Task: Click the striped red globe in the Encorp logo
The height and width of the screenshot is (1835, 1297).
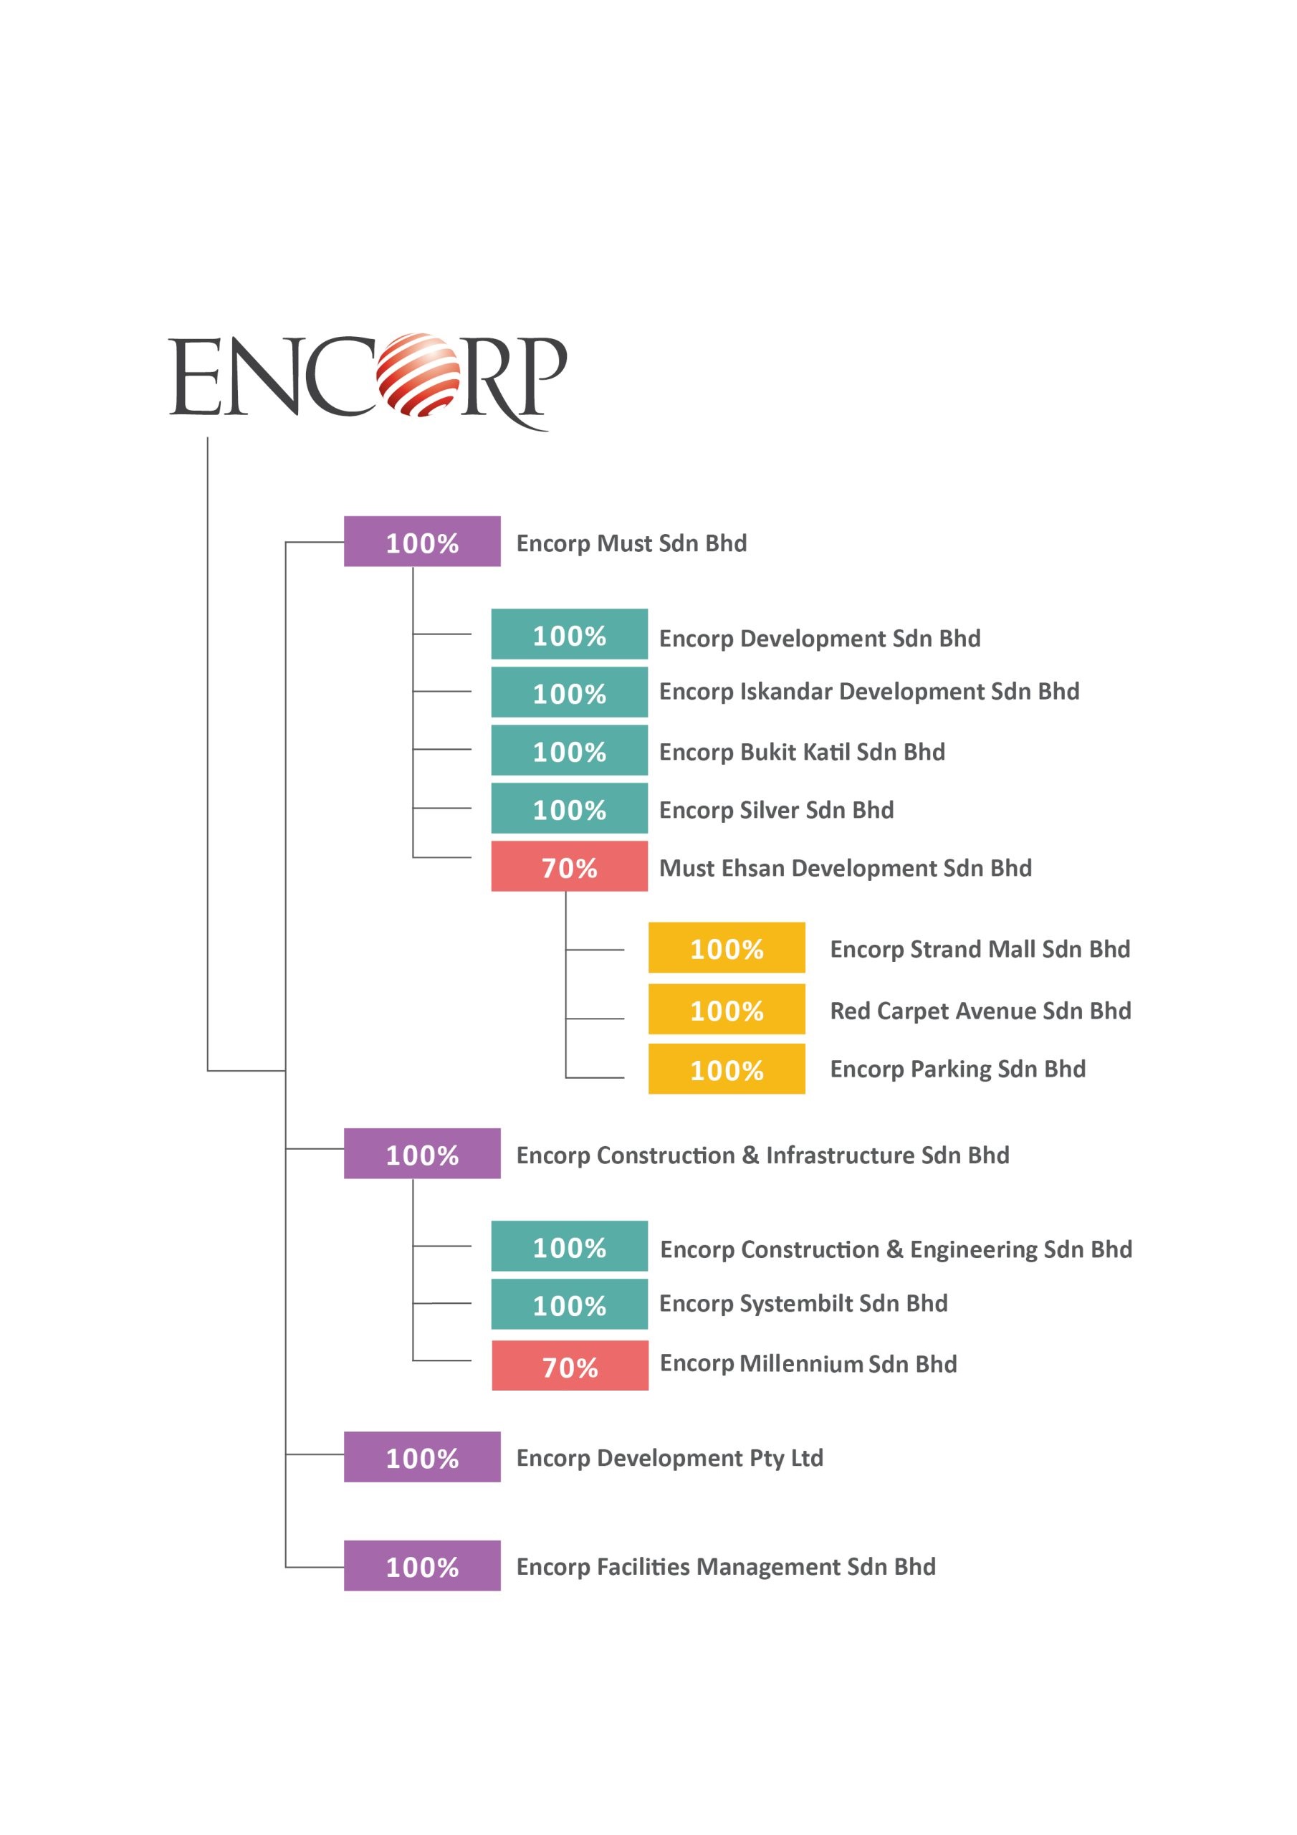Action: (x=417, y=375)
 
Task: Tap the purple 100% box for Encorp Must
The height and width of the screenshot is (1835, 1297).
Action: (x=422, y=541)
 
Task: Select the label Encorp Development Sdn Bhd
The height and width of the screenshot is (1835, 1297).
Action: (x=819, y=639)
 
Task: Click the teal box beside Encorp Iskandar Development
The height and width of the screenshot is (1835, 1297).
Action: (x=569, y=692)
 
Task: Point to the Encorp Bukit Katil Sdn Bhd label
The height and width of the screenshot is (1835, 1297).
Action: (x=802, y=752)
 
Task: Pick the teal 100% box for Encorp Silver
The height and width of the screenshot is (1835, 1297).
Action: (x=569, y=809)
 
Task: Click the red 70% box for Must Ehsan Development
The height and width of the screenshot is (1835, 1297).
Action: (x=569, y=867)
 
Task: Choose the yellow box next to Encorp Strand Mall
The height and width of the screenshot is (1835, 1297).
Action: (x=727, y=948)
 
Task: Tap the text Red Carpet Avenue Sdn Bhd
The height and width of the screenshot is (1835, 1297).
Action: (x=980, y=1011)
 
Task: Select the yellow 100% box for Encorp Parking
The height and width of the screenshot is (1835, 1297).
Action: (x=727, y=1069)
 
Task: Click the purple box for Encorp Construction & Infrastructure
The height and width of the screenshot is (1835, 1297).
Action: (x=422, y=1153)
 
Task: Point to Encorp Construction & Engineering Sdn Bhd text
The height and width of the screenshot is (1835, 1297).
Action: (x=896, y=1249)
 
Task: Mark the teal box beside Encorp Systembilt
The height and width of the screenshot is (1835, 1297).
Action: (x=569, y=1304)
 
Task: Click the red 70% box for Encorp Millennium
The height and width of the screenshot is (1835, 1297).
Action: (x=570, y=1365)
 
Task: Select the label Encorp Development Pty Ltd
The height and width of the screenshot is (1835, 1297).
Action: (x=670, y=1458)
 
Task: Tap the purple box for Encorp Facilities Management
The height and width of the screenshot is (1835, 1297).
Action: (x=422, y=1565)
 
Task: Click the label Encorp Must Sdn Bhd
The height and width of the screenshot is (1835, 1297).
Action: (x=631, y=543)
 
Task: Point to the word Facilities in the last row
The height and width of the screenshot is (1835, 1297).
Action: (x=643, y=1566)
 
